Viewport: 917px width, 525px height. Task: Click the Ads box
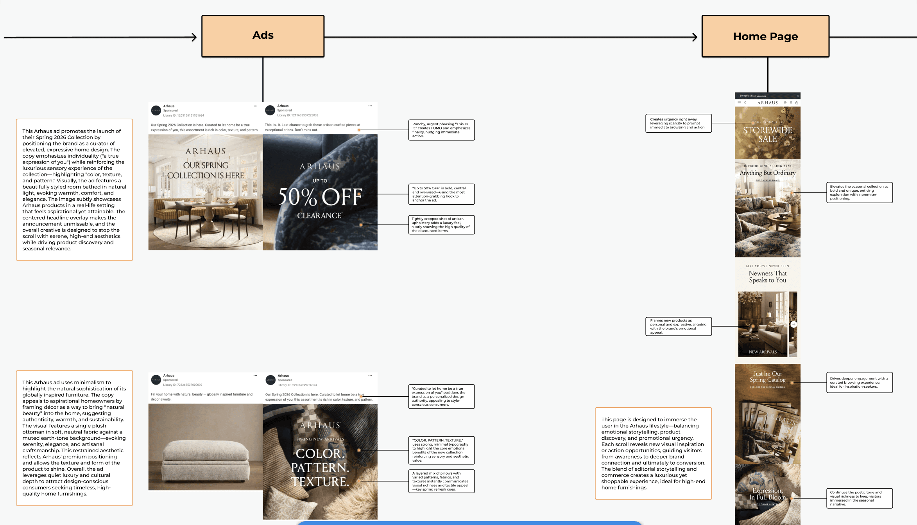pos(263,36)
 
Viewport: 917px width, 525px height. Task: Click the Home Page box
pos(765,36)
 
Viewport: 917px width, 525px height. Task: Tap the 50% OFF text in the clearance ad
pos(320,196)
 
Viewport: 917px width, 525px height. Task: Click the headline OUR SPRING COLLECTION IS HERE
pos(206,171)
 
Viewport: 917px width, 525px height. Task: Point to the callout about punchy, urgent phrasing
pos(441,130)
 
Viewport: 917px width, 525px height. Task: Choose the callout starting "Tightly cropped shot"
pos(441,225)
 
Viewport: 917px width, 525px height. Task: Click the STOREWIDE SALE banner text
pos(767,135)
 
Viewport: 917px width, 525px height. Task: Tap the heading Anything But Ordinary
pos(767,173)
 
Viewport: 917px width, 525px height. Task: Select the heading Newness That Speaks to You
pos(767,277)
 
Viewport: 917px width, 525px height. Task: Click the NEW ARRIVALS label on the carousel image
pos(763,352)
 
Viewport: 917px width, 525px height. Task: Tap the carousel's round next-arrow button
pos(793,324)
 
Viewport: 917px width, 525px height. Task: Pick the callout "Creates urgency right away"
pos(678,123)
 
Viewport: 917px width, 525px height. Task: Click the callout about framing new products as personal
pos(678,326)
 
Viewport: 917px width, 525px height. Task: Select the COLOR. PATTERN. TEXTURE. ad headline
pos(320,467)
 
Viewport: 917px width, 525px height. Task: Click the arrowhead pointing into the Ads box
pos(194,37)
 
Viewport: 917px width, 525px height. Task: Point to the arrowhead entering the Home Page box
pos(695,37)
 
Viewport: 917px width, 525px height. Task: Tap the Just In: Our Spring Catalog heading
pos(767,377)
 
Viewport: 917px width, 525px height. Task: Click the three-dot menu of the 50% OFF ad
pos(370,106)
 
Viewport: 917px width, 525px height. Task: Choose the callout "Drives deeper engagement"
pos(859,382)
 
